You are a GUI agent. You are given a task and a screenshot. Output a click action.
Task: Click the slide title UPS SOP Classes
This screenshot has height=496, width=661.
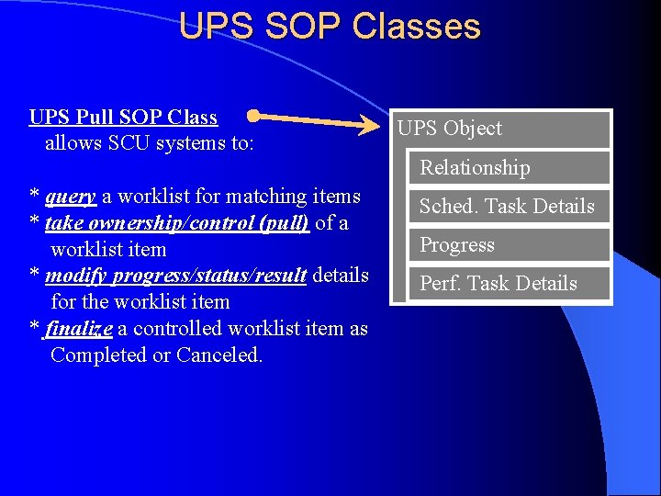[x=330, y=26]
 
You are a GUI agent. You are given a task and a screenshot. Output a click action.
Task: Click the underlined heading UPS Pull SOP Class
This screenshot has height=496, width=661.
[x=123, y=117]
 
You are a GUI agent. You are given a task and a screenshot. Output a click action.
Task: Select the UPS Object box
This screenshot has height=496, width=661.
[x=449, y=129]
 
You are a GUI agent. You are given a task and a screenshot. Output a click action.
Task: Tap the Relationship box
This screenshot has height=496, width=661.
[x=475, y=167]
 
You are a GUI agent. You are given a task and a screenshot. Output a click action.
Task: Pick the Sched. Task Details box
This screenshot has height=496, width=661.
[x=507, y=207]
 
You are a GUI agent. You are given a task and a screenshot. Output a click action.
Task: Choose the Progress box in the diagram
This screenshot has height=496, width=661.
[x=457, y=245]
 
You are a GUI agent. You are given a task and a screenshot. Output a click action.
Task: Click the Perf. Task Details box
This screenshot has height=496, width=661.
[x=499, y=284]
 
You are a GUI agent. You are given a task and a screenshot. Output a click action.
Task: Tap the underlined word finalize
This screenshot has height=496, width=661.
[x=78, y=329]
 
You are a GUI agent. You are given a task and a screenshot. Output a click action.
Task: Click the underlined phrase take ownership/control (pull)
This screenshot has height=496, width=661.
[x=177, y=223]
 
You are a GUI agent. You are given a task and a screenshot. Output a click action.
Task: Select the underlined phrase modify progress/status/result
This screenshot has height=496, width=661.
[x=175, y=276]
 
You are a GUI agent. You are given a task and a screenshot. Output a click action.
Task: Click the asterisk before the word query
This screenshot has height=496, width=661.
[x=34, y=197]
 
